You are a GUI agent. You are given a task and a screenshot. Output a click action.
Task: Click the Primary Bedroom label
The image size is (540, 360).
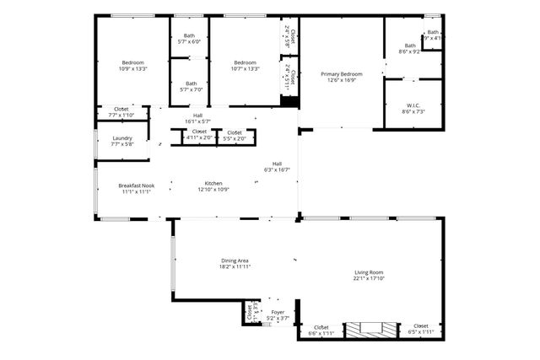pos(342,74)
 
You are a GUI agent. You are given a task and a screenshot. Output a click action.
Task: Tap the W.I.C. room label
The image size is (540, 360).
pos(413,105)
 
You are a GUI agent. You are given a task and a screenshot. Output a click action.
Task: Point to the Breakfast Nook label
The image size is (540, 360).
pos(136,185)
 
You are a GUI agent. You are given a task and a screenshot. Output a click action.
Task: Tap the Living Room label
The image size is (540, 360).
pos(369,272)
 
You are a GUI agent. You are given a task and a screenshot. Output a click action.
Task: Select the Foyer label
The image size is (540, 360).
pos(278,312)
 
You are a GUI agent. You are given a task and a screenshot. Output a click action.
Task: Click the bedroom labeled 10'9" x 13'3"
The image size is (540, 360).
pos(133,62)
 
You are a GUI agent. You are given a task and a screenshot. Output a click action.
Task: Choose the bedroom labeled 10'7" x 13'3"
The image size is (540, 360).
pos(245,62)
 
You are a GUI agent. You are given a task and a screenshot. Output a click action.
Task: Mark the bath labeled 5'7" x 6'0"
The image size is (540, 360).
pos(189,35)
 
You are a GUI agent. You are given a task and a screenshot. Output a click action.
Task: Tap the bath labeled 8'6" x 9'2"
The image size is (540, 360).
pos(410,46)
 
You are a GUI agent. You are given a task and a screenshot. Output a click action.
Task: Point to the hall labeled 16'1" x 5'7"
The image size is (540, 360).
pos(197,116)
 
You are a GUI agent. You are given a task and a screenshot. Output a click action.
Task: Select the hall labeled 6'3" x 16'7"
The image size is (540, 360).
pos(277,164)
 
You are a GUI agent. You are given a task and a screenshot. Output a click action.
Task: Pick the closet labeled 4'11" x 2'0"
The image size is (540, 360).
pos(199,132)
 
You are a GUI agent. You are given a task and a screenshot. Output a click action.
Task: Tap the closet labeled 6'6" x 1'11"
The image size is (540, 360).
pos(321,327)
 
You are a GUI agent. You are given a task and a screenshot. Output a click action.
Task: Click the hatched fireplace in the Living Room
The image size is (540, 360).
pos(369,329)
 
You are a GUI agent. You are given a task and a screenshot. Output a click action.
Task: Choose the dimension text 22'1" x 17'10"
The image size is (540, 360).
pos(369,278)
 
